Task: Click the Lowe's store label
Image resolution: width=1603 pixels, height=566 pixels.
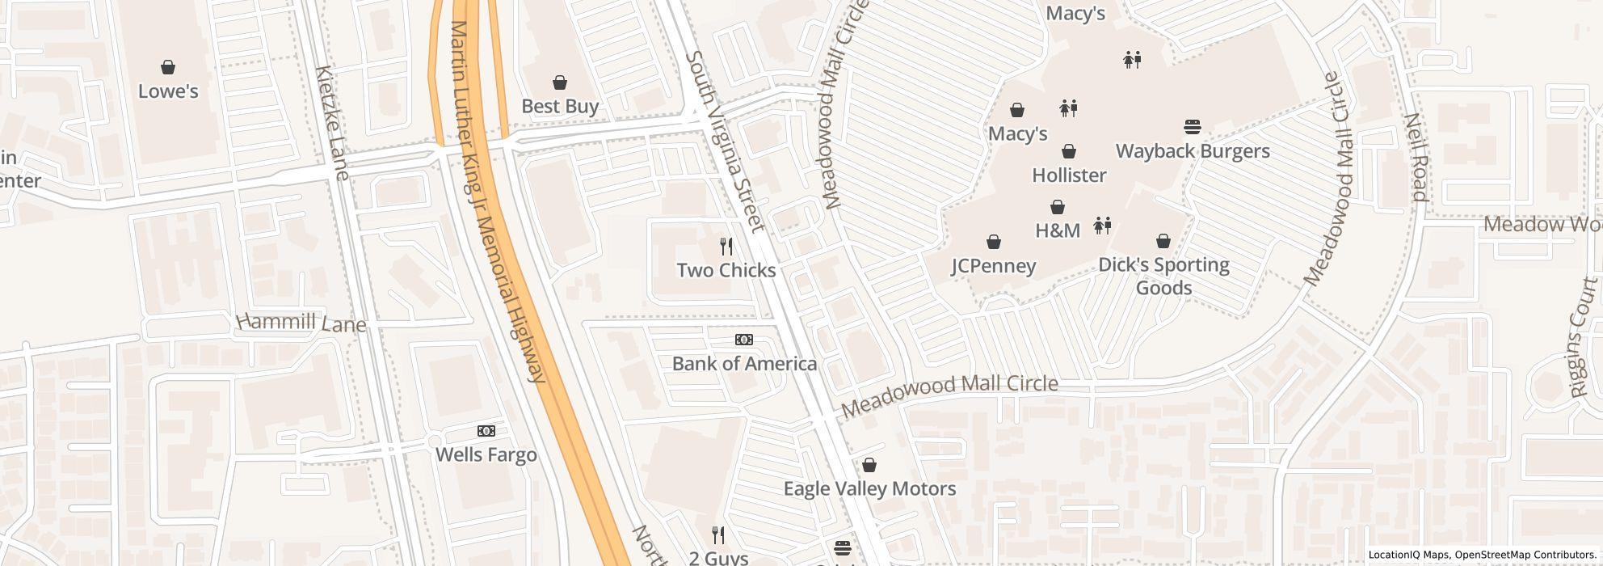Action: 168,91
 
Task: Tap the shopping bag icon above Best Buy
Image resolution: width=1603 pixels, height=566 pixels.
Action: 559,82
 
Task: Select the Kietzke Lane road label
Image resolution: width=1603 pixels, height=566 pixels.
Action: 333,123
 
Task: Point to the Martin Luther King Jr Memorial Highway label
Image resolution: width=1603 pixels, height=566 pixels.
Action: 496,202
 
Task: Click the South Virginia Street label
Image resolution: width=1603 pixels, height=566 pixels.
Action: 725,142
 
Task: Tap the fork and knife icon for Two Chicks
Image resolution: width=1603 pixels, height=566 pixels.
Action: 726,246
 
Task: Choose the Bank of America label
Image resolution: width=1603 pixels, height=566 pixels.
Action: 744,364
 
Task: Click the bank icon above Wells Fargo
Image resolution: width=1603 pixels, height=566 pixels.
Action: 486,431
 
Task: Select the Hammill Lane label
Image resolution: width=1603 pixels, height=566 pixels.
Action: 301,323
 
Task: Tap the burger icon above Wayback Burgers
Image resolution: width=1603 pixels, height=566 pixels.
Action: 1192,127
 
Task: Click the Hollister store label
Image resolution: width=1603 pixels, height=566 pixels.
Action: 1069,175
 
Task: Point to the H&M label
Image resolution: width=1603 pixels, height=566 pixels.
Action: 1058,231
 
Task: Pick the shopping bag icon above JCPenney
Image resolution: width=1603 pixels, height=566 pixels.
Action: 994,242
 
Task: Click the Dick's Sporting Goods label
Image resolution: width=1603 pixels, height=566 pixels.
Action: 1163,277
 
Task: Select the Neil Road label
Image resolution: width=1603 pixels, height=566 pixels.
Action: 1417,157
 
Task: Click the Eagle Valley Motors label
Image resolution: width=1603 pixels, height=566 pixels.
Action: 869,489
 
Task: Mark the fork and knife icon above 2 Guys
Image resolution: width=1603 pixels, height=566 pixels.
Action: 717,534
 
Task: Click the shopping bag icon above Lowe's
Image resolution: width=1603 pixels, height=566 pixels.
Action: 168,67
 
